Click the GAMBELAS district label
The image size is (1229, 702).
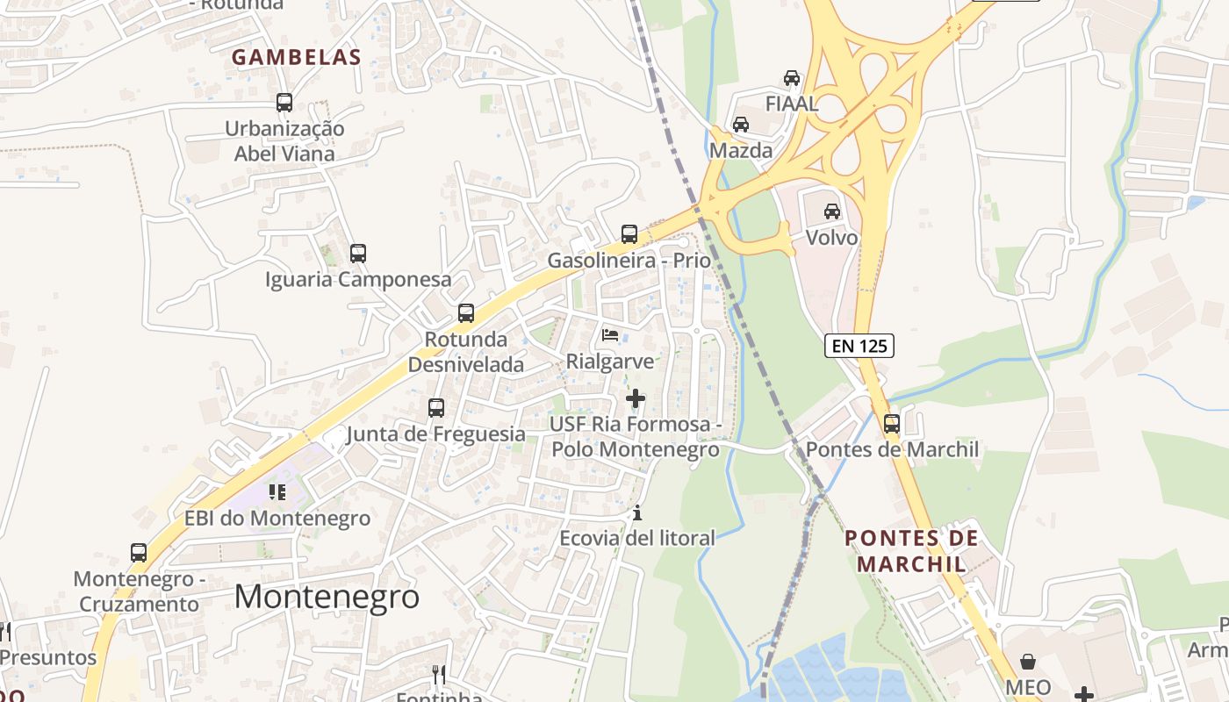click(296, 58)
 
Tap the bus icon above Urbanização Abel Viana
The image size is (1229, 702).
click(284, 103)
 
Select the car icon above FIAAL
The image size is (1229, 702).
click(792, 78)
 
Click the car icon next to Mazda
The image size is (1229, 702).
click(741, 125)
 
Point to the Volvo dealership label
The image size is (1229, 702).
click(831, 238)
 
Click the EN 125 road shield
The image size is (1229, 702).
click(859, 346)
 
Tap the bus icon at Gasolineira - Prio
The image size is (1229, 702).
click(629, 234)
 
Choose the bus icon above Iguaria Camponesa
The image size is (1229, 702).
click(358, 254)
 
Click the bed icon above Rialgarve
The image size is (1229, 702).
click(610, 335)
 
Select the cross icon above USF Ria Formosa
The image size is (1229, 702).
click(635, 398)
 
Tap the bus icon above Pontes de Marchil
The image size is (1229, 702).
click(892, 424)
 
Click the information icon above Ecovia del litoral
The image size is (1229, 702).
click(637, 512)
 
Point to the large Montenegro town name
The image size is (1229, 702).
click(327, 597)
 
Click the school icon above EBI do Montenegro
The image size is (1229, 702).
click(277, 492)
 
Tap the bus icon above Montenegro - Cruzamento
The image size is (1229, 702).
click(139, 553)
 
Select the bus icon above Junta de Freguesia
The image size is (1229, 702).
click(436, 408)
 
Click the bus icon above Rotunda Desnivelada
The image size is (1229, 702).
click(466, 313)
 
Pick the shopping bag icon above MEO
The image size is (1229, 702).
click(1028, 662)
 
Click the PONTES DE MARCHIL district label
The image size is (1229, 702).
click(911, 550)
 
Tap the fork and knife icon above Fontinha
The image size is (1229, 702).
click(439, 674)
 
